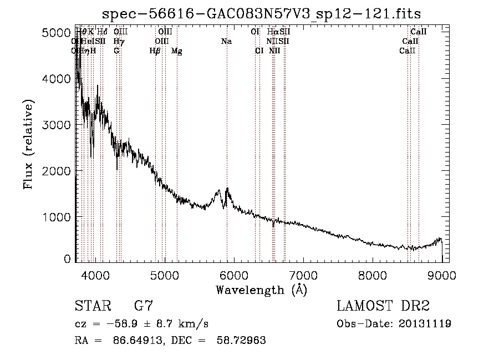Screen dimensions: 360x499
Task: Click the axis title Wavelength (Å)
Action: pyautogui.click(x=261, y=290)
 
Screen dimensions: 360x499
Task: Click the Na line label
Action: pyautogui.click(x=226, y=42)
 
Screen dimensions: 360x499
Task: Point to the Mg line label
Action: pyautogui.click(x=176, y=51)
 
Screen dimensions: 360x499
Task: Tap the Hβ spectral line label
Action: pyautogui.click(x=155, y=51)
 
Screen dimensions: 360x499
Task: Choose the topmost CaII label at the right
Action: pyautogui.click(x=419, y=32)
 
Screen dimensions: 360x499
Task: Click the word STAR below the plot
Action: pyautogui.click(x=92, y=306)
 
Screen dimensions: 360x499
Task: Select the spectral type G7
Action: pyautogui.click(x=143, y=306)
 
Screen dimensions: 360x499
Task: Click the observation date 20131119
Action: pyautogui.click(x=426, y=324)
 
